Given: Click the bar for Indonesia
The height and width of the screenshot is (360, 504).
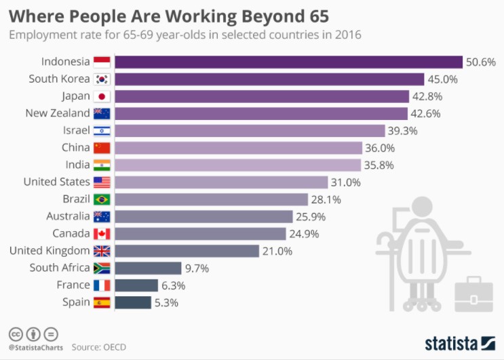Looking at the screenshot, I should coord(288,62).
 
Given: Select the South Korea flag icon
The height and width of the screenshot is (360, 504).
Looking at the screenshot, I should coord(102,79).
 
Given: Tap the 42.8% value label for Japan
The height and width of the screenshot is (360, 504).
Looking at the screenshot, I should coord(427,96).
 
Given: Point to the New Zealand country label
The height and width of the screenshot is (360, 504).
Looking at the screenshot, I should coord(57,113).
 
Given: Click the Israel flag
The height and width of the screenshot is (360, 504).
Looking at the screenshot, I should coord(102,130).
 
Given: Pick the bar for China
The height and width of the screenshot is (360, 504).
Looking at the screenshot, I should coord(238,147).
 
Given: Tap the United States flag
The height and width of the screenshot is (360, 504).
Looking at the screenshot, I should coord(102,182).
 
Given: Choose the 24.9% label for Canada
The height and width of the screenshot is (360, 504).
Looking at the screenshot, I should coord(304,234).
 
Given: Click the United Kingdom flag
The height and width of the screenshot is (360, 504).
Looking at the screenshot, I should coord(102,251).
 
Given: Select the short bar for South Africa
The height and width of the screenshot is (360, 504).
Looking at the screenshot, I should coord(148,268).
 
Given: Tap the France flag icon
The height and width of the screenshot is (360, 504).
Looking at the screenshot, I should coord(102,285).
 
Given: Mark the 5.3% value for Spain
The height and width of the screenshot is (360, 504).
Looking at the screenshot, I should coord(166,302).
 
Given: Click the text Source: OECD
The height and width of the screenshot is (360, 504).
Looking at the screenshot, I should coord(98,348).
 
